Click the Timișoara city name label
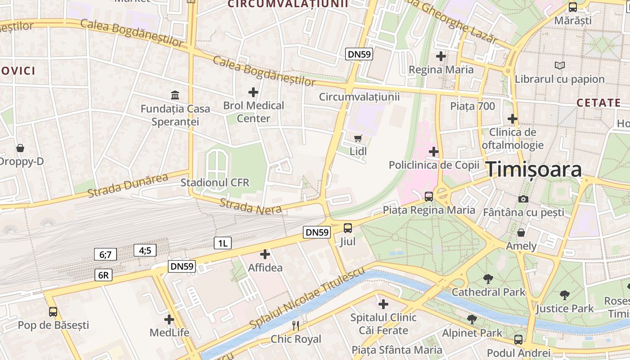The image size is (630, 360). click(534, 170)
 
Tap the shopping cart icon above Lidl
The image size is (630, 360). click(358, 138)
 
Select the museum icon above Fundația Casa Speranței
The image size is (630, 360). click(175, 95)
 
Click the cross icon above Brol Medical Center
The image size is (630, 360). click(253, 92)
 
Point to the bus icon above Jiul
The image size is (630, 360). click(348, 228)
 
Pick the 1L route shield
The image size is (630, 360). click(222, 243)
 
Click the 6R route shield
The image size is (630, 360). click(103, 275)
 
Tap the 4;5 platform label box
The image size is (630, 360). click(145, 250)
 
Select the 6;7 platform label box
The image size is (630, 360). click(105, 254)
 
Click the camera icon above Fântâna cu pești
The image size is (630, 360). click(523, 199)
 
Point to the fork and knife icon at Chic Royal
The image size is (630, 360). click(296, 325)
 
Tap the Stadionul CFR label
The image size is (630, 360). click(215, 183)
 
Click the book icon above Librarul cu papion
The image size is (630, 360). click(559, 66)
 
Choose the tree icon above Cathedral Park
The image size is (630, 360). click(488, 279)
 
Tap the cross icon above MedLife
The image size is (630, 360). click(169, 320)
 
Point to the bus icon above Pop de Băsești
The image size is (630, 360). click(53, 311)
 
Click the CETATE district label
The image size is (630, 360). click(598, 103)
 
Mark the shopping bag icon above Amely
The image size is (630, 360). click(521, 233)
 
